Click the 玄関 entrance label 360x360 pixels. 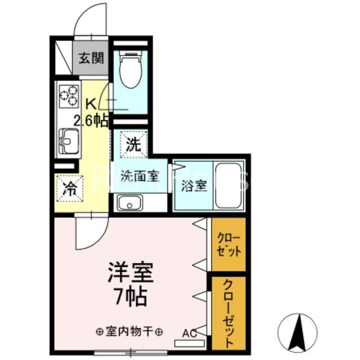[90, 58]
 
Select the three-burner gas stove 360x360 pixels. [68, 96]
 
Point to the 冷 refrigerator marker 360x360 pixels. [70, 189]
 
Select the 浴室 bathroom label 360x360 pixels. [193, 186]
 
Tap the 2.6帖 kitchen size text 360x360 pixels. [92, 120]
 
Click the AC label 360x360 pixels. [188, 332]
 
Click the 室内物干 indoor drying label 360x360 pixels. [130, 331]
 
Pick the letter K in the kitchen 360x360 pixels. [91, 104]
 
